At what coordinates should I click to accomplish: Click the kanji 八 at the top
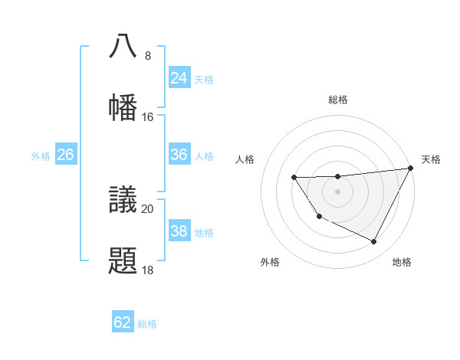pos(123,46)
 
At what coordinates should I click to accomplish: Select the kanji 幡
pos(123,107)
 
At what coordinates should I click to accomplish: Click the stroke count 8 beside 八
pos(147,56)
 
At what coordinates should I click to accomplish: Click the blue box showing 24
pos(179,78)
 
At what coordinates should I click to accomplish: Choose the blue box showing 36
pos(179,155)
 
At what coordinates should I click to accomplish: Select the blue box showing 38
pos(179,231)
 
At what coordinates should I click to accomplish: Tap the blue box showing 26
pos(65,155)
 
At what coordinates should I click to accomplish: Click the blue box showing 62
pos(122,322)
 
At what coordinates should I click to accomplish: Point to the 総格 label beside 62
pos(147,324)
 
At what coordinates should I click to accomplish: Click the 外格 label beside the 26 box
pos(41,156)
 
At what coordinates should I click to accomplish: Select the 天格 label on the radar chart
pos(431,159)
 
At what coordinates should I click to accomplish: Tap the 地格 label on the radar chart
pos(402,263)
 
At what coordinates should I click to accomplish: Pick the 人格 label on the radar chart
pos(245,159)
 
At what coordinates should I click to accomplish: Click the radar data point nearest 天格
pos(412,168)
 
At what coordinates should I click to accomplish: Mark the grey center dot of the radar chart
pos(337,192)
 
